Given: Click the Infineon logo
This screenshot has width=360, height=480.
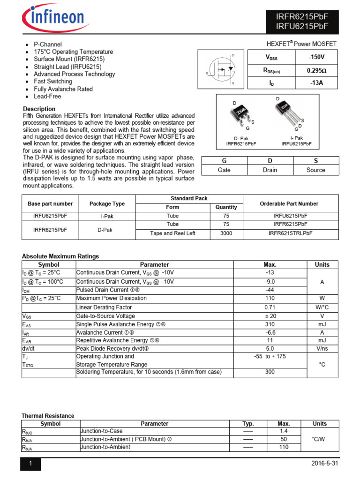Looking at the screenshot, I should click(x=53, y=19).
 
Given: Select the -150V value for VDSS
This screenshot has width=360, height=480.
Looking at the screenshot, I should click(x=316, y=57).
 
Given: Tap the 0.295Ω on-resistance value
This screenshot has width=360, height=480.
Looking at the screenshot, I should click(x=316, y=70).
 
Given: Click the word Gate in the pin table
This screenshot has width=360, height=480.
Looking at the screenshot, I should click(x=224, y=170).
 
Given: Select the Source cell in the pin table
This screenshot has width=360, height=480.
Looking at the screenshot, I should click(x=315, y=170).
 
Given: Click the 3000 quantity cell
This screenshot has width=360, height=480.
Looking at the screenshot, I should click(x=226, y=233).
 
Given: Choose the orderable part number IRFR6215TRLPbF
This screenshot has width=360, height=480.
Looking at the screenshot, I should click(x=290, y=233).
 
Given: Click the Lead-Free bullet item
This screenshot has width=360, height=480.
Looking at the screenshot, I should click(x=47, y=97).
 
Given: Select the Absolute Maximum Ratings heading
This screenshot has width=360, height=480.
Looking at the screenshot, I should click(x=60, y=256).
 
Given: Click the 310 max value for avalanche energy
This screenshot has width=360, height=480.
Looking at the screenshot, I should click(x=270, y=324).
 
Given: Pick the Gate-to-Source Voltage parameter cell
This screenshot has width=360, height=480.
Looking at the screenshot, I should click(x=105, y=316).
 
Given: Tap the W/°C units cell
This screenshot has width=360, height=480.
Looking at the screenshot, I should click(x=322, y=307).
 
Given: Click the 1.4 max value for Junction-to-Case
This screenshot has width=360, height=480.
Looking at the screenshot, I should click(x=284, y=431).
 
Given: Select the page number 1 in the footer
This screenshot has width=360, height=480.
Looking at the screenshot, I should click(x=30, y=464).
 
